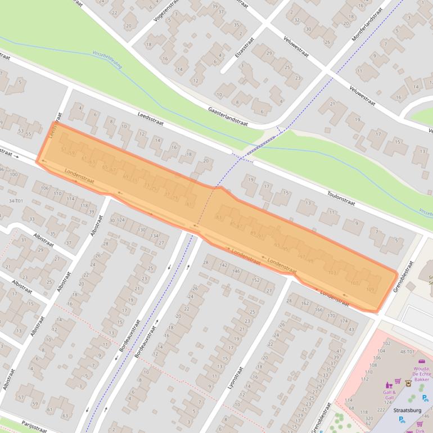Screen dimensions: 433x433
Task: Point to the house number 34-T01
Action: tap(15, 201)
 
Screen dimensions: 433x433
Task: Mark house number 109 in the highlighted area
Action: tap(369, 290)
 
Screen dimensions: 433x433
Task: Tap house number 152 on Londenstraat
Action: tap(256, 279)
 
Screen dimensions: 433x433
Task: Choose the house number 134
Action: tap(154, 236)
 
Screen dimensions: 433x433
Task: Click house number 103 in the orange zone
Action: tap(332, 273)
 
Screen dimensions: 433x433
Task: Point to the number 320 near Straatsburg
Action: tap(368, 418)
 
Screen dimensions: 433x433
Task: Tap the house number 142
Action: tap(223, 264)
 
